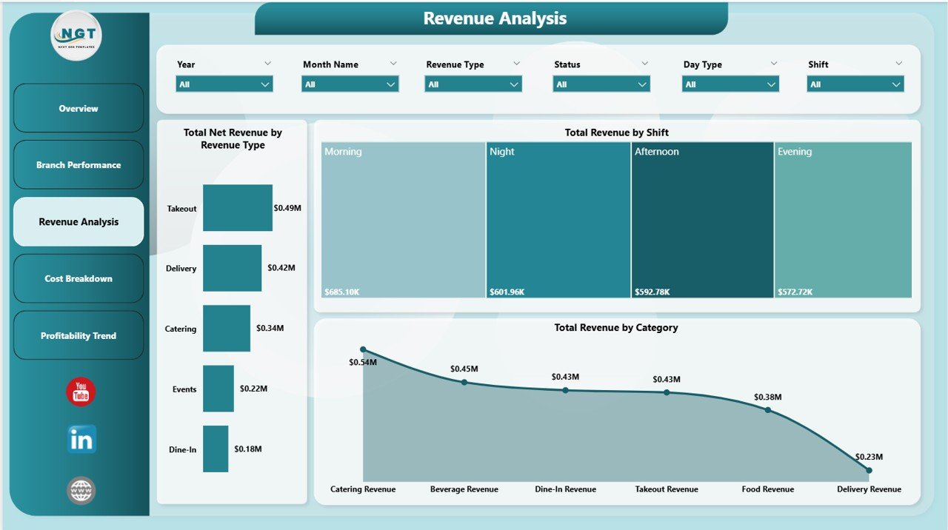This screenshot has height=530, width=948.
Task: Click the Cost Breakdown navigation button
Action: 79,278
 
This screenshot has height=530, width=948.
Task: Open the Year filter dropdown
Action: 224,84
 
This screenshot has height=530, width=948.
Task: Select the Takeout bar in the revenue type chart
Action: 237,208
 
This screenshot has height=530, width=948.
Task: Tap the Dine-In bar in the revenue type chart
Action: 216,449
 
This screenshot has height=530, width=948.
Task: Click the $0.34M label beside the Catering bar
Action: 270,328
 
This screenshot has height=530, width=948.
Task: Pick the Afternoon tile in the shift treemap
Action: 702,220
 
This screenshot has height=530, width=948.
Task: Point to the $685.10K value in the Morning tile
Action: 342,292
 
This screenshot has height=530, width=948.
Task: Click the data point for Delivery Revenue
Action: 869,470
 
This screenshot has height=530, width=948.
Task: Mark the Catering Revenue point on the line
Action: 363,349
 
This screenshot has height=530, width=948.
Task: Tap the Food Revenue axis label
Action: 768,489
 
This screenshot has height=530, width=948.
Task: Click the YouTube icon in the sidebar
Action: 81,392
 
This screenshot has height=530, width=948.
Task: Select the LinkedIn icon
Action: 81,440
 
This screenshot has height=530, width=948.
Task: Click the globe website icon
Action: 81,490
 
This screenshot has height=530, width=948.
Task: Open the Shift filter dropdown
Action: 855,84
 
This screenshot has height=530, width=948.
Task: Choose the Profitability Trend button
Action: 79,335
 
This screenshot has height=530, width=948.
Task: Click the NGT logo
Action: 76,35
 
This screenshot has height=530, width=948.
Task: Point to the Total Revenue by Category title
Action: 616,327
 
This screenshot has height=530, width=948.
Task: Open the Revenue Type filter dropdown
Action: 473,84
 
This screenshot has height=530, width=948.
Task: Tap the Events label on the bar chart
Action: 184,389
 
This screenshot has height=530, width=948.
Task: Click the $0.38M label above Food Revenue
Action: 768,397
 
